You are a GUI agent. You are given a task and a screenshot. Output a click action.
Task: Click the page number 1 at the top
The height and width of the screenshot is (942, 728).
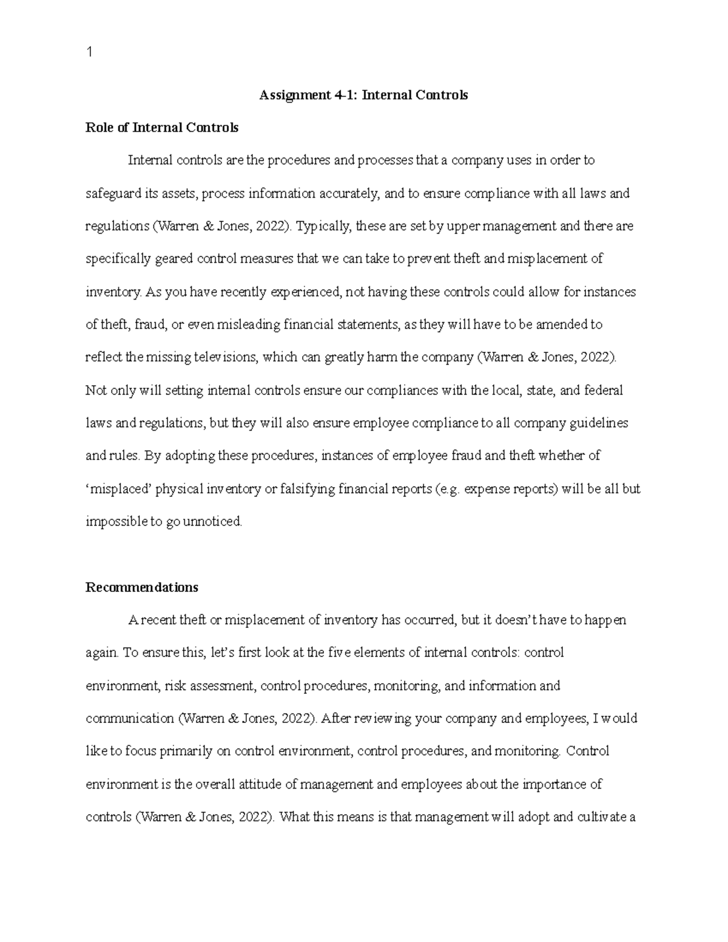click(89, 53)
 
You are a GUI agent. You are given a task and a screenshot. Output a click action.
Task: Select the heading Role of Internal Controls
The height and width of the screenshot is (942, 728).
click(162, 128)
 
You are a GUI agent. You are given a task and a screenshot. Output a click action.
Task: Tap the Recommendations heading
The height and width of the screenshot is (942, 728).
click(142, 588)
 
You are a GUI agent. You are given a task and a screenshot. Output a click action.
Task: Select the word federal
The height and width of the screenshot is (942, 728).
click(603, 391)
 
